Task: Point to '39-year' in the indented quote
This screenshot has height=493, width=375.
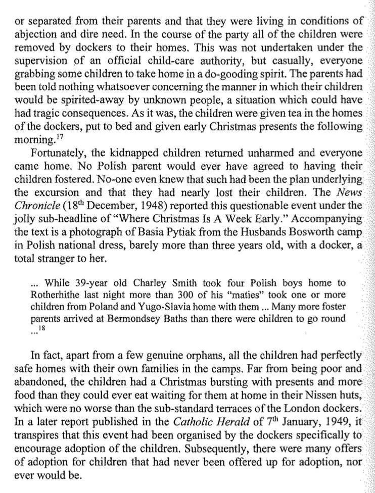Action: tap(95, 283)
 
